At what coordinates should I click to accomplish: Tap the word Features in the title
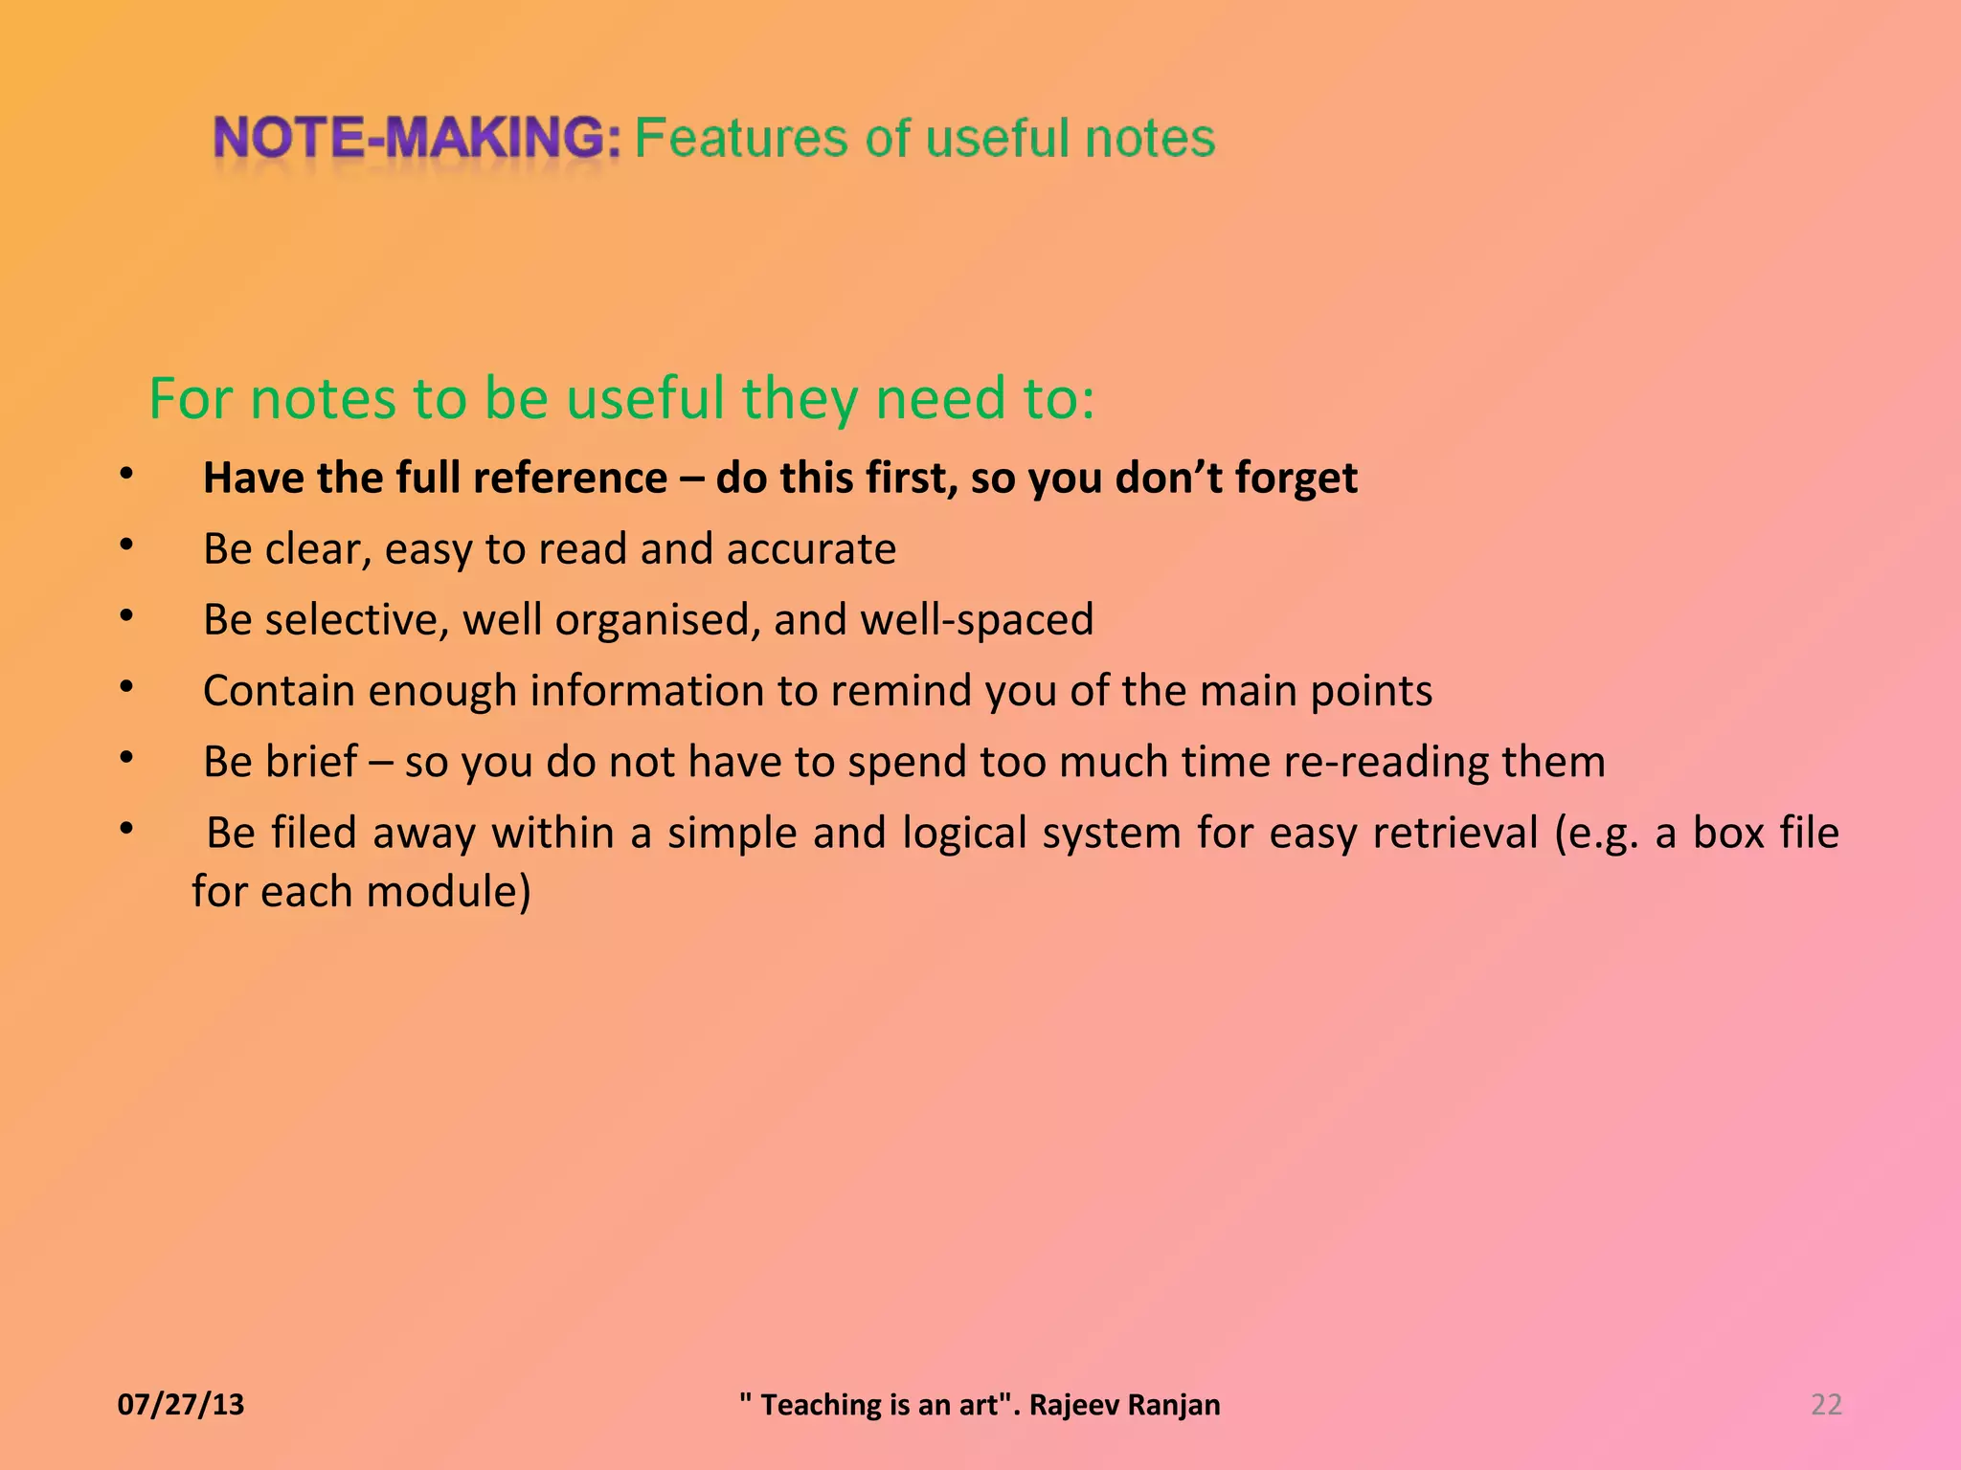click(x=741, y=138)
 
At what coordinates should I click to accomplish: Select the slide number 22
click(x=1826, y=1404)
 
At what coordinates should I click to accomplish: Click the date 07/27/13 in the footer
click(x=181, y=1404)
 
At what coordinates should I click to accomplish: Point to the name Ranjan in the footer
click(x=1173, y=1404)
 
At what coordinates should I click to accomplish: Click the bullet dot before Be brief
click(x=126, y=758)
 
